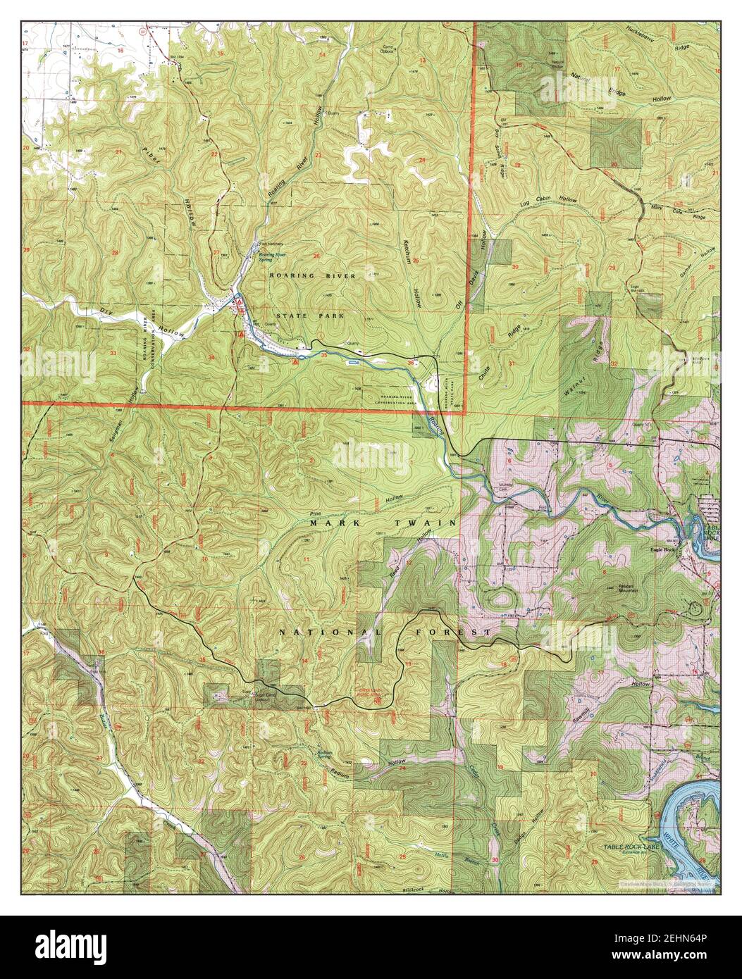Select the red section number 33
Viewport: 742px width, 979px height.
pos(113,353)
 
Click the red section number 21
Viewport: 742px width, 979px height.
pos(119,153)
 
